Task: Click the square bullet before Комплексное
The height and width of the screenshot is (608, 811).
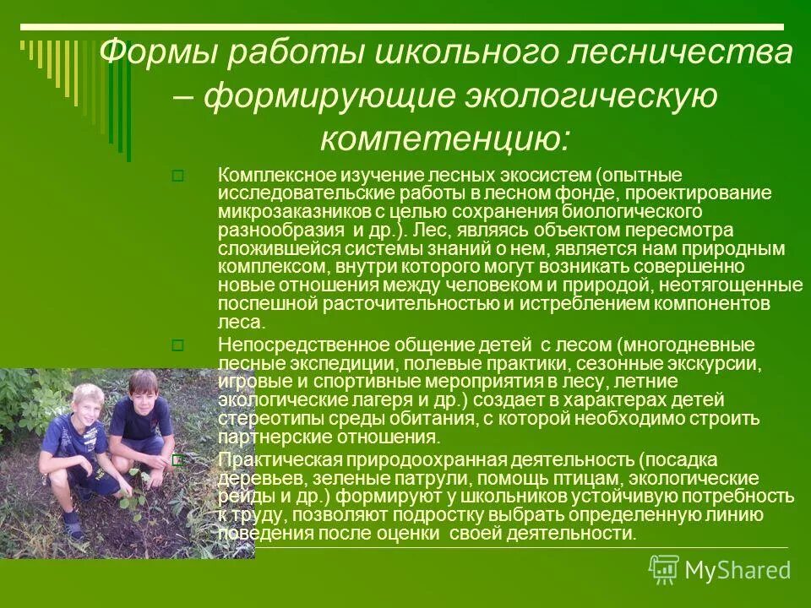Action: click(177, 176)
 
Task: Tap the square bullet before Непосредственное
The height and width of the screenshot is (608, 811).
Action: click(177, 345)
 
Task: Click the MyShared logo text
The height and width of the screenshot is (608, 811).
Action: click(738, 570)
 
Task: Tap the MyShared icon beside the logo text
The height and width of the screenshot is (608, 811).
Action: click(663, 570)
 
